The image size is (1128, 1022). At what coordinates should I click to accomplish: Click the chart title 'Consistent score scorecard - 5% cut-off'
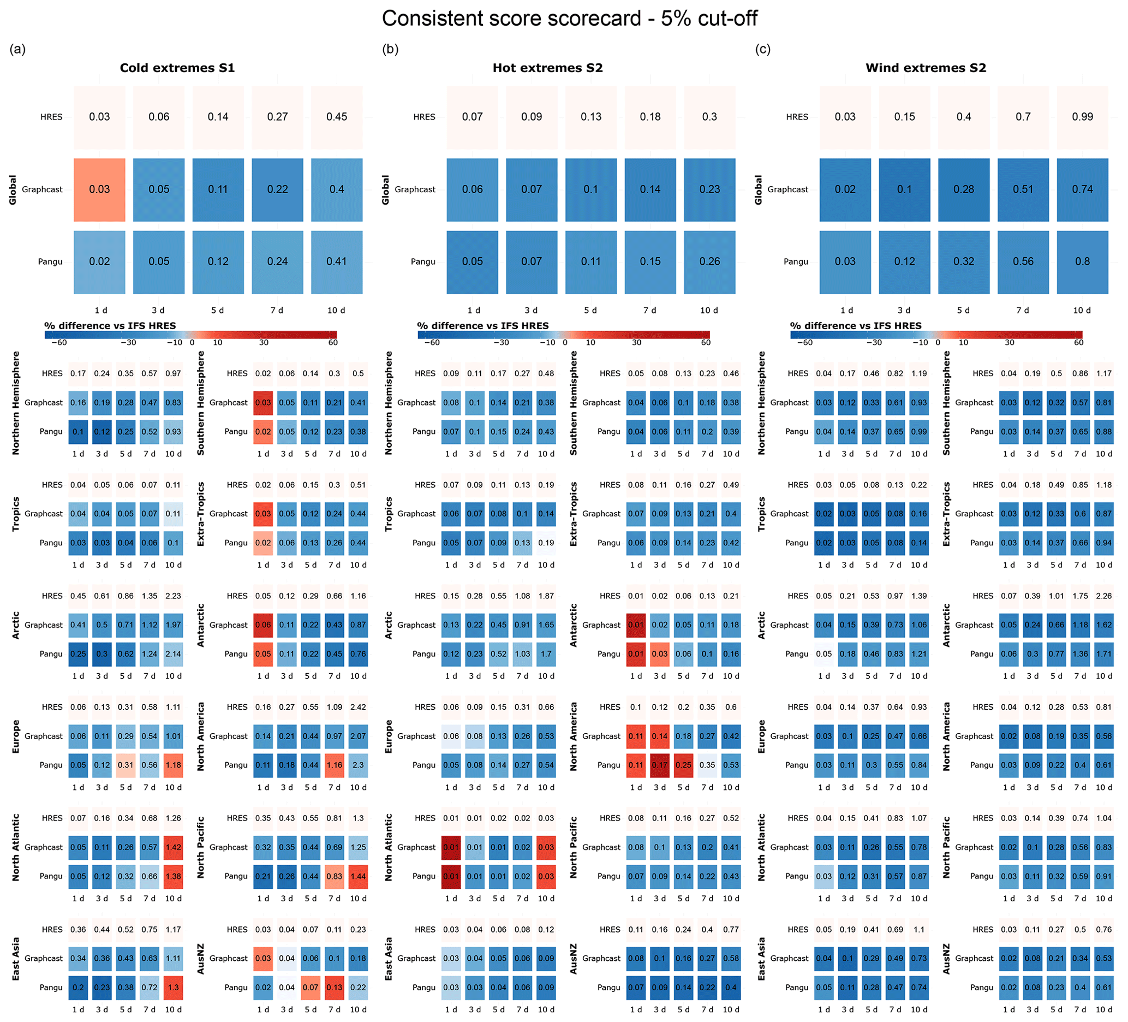[569, 19]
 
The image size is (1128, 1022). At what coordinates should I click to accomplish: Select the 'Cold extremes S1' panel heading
[177, 68]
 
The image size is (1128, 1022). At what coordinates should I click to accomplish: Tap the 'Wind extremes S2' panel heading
[926, 68]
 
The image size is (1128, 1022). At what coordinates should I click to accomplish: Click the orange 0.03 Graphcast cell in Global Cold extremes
[100, 190]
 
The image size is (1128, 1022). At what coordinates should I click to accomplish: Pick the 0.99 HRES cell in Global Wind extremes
[1082, 117]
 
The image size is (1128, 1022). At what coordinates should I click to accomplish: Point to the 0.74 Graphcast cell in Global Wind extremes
[1082, 190]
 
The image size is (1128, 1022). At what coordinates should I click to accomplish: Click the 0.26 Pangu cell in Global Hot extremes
[709, 262]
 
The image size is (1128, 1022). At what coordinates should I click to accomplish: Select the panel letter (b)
[390, 49]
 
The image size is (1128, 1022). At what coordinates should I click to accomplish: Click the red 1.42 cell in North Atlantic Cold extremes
[174, 847]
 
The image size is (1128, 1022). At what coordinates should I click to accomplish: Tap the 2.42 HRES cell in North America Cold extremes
[358, 707]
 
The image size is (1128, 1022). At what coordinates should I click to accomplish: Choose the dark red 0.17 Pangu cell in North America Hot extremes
[660, 765]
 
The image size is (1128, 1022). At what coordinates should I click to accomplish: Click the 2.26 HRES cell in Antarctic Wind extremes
[1104, 596]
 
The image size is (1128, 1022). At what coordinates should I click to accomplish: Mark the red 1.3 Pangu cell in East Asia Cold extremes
[174, 987]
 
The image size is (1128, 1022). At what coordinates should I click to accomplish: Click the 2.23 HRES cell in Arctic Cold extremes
[174, 596]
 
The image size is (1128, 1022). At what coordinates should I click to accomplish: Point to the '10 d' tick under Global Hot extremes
[709, 311]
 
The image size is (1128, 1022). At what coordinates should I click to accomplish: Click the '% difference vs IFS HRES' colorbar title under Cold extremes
[110, 326]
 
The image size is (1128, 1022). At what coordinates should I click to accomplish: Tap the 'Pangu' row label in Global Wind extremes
[796, 262]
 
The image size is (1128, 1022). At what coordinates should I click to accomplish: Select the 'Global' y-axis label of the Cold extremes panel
[13, 190]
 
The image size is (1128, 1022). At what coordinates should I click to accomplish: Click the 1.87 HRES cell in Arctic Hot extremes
[546, 596]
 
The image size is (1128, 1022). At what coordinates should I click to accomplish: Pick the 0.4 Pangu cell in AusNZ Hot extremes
[731, 987]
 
